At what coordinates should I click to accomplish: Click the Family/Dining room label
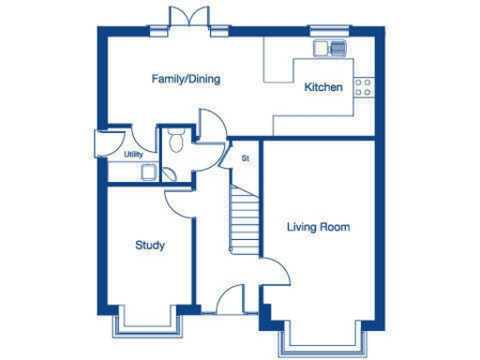186,79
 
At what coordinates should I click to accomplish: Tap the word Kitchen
323,88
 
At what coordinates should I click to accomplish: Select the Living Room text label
318,227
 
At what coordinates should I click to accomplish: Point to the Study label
150,246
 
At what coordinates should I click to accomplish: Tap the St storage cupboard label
245,158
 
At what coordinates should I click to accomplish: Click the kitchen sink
331,46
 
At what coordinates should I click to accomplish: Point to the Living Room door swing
274,273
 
